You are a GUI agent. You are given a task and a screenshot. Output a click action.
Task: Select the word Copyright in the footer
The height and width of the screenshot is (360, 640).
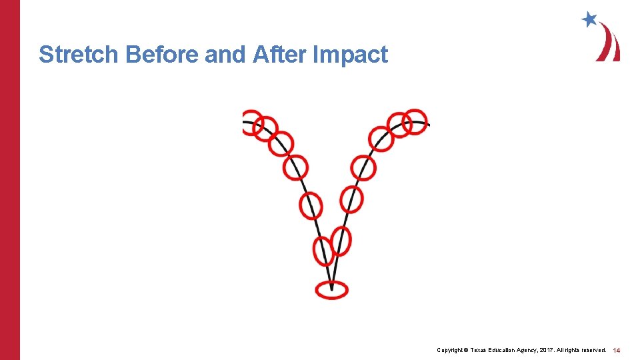[x=451, y=350]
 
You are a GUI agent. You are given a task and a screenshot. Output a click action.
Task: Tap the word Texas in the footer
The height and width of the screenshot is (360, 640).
[x=481, y=350]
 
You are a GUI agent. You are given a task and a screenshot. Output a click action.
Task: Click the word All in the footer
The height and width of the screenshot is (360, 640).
[x=577, y=350]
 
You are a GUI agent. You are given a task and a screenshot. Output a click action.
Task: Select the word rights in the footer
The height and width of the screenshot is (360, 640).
[x=590, y=350]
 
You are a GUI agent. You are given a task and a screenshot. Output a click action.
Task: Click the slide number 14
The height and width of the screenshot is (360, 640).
[x=617, y=350]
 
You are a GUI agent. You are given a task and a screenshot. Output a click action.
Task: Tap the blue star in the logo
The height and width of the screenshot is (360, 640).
[x=589, y=20]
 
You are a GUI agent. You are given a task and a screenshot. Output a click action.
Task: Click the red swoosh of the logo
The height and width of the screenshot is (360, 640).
[x=609, y=43]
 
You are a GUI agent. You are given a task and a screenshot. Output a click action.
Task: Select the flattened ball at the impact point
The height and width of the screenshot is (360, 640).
[x=331, y=289]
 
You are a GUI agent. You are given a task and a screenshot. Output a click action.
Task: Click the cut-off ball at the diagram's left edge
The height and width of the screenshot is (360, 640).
[x=248, y=122]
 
